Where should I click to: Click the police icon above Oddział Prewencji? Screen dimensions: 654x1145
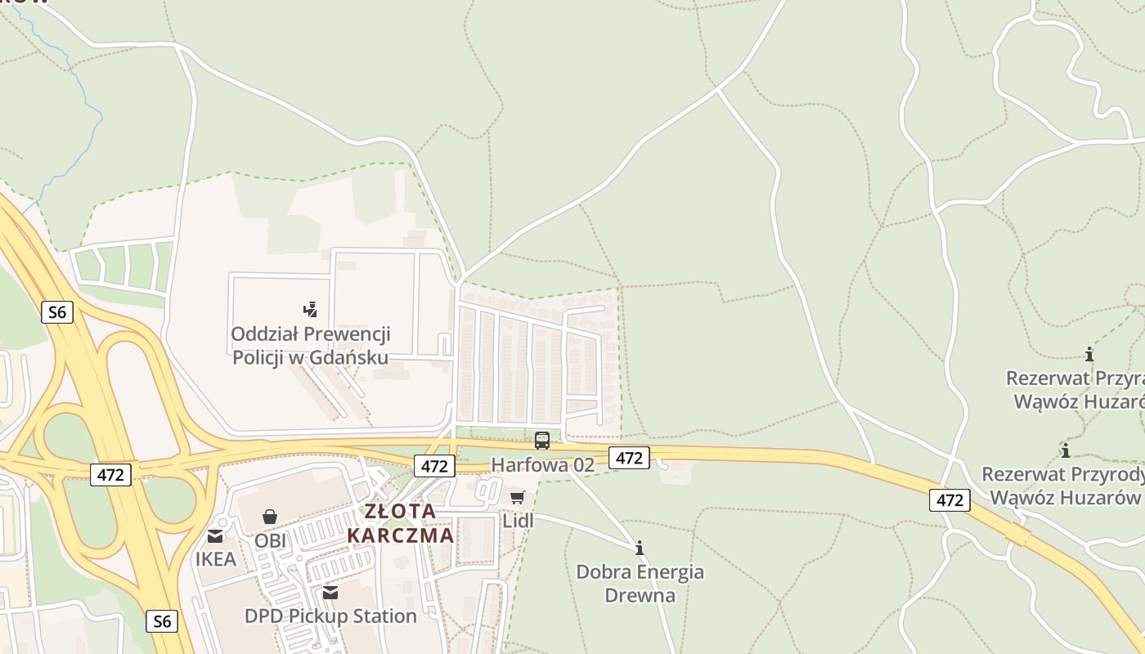pos(310,309)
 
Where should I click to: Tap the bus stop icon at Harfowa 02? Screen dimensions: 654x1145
pos(541,441)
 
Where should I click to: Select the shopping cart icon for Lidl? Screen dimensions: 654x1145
pos(517,496)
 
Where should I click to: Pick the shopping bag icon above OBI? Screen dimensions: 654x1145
pos(270,517)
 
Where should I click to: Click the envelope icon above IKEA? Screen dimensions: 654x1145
pos(215,536)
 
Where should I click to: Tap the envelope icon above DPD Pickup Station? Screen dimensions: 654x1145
pos(330,592)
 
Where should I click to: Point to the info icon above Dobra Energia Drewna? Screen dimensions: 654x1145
pos(640,548)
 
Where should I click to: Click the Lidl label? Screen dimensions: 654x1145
pos(517,521)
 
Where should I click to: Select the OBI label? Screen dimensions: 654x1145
pos(270,540)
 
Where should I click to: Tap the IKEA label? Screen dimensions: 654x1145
pos(215,559)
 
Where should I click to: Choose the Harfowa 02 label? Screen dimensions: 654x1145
pos(542,464)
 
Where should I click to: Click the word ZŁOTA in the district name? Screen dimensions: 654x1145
pos(400,512)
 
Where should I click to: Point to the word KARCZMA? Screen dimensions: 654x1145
pos(400,535)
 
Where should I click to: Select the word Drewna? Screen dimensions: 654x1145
pos(640,594)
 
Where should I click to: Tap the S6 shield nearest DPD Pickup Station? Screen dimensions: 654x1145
pos(163,621)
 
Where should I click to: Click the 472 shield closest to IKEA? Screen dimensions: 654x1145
pos(110,473)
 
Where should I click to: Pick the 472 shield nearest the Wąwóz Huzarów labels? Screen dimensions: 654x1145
pos(949,499)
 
